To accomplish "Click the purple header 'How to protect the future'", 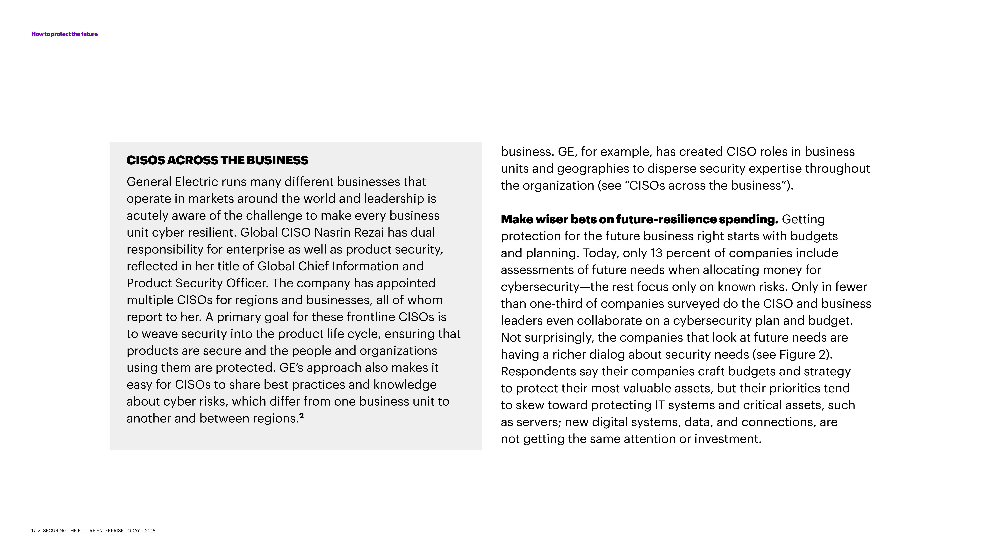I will point(65,34).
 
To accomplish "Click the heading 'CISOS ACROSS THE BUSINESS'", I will point(217,160).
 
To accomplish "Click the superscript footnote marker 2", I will point(301,416).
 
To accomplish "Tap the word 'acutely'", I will point(147,216).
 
